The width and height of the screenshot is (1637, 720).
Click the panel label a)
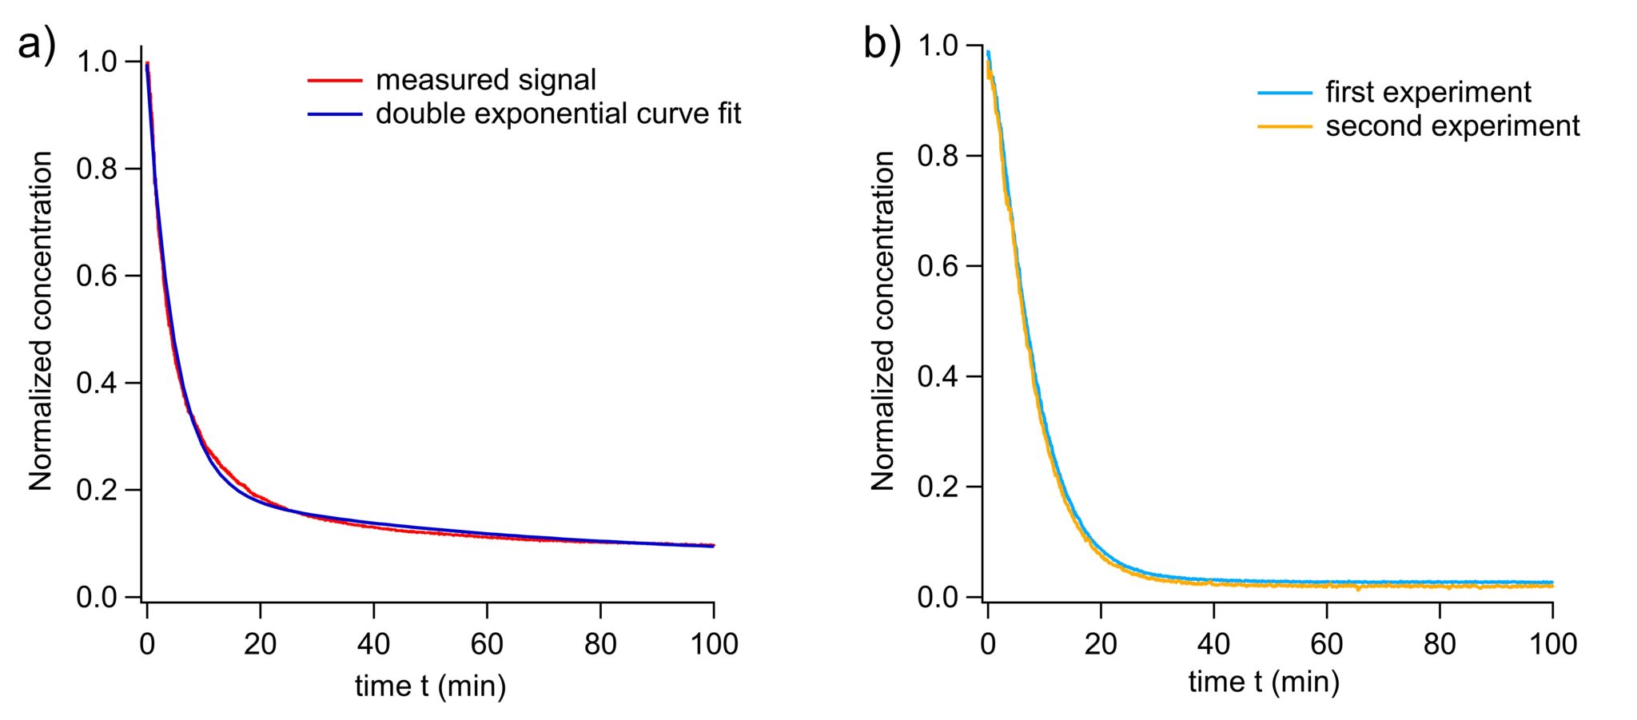tap(37, 45)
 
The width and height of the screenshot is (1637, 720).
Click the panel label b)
tap(882, 45)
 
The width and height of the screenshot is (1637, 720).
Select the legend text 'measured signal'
tap(486, 80)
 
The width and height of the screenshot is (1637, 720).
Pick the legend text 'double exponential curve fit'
tap(558, 113)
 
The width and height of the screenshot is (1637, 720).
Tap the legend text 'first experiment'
tap(1428, 92)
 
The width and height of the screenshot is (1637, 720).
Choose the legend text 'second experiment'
tap(1452, 126)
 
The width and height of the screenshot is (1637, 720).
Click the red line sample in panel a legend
tap(335, 80)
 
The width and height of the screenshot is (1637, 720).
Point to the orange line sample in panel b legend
tap(1285, 126)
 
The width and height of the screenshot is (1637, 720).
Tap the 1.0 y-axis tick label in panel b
tap(938, 46)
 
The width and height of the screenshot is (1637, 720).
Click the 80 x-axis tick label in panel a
tap(600, 644)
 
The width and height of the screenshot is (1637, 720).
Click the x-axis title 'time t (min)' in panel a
tap(430, 686)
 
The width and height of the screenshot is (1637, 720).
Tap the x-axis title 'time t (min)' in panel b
tap(1264, 682)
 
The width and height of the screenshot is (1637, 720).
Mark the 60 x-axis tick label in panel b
tap(1327, 644)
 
